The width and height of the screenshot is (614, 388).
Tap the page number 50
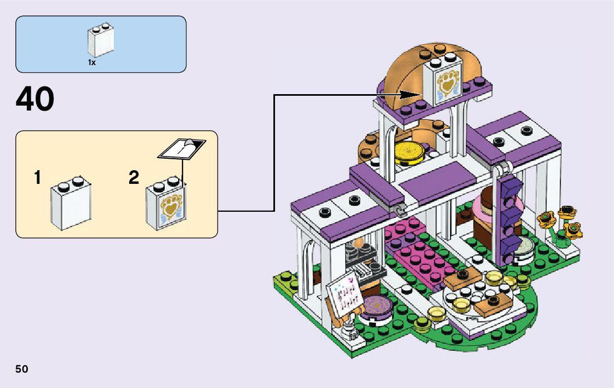click(x=22, y=369)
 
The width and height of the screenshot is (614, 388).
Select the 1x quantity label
click(x=92, y=62)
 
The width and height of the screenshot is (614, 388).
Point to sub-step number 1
click(x=37, y=178)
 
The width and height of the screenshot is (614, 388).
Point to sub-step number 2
click(x=134, y=178)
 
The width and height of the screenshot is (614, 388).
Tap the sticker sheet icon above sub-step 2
click(x=182, y=148)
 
